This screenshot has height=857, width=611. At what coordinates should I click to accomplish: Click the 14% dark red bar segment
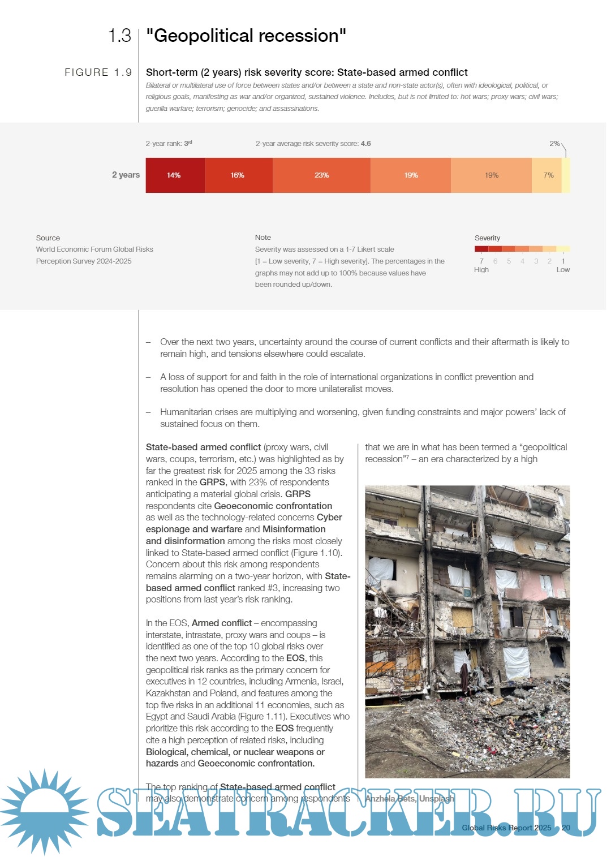(x=174, y=175)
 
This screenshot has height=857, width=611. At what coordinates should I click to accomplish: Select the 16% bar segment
(x=238, y=175)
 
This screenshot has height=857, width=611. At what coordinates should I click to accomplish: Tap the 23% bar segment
(x=321, y=175)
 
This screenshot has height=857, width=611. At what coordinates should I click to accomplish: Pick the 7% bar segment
(x=548, y=175)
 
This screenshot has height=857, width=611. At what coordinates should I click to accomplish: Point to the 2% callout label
(x=554, y=144)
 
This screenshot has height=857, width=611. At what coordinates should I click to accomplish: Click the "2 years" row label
(x=126, y=175)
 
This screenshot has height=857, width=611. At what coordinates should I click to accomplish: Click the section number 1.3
(x=119, y=36)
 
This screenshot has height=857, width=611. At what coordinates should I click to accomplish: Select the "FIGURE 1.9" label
(x=98, y=72)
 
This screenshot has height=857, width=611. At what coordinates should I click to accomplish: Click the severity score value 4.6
(x=366, y=144)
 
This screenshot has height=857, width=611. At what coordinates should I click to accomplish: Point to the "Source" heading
(x=48, y=238)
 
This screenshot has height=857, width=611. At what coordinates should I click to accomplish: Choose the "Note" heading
(x=263, y=238)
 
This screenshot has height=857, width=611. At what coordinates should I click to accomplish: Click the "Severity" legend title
(x=487, y=238)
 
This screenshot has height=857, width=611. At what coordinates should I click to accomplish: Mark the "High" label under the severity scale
(x=481, y=270)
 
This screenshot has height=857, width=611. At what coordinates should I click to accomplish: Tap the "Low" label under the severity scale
(x=563, y=270)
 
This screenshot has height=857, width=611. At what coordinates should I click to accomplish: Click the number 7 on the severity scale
(x=481, y=261)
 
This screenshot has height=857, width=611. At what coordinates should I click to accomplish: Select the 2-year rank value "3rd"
(x=188, y=144)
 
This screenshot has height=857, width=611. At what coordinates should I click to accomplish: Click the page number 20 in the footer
(x=566, y=828)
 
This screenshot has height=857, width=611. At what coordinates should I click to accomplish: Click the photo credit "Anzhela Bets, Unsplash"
(x=409, y=799)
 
